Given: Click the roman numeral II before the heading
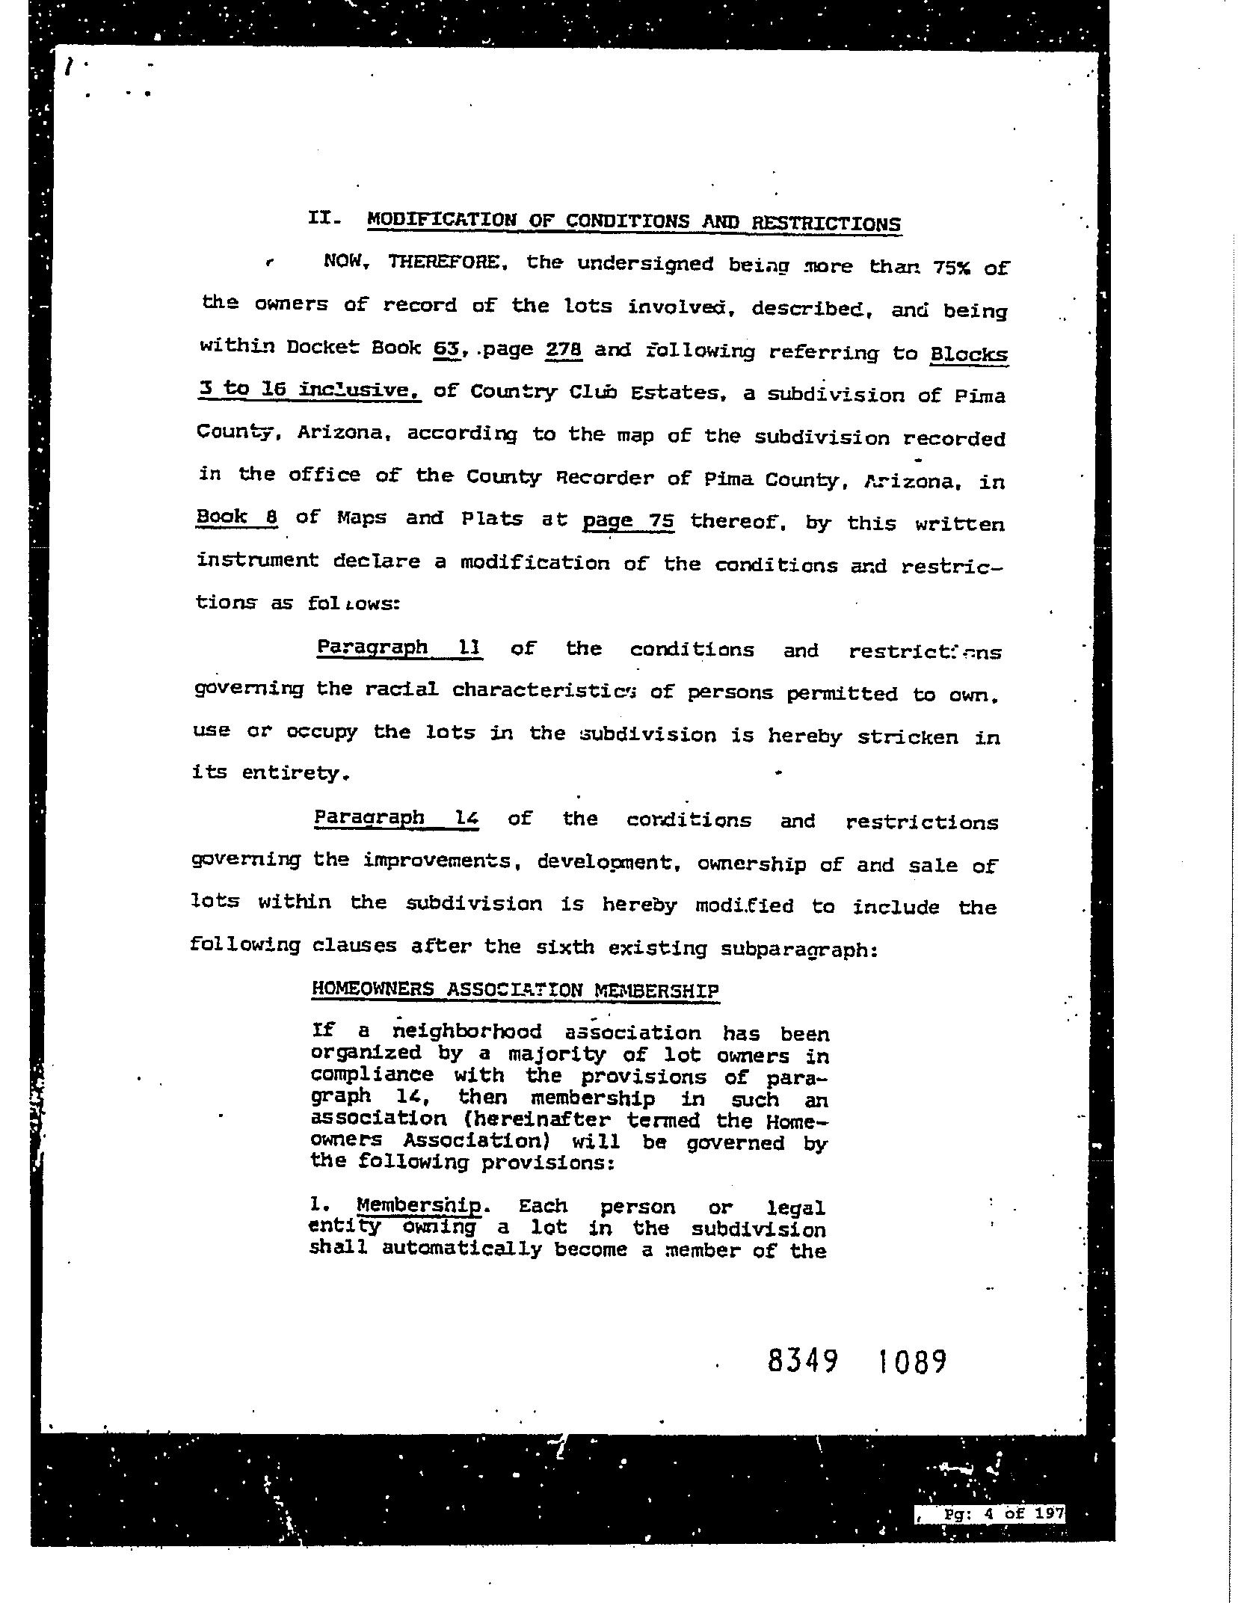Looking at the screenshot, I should (324, 218).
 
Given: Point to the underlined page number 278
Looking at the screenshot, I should (564, 350).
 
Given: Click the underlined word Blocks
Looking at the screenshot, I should (968, 354).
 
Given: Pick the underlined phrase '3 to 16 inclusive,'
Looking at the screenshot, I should (310, 390).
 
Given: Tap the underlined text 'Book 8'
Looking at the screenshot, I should (236, 517).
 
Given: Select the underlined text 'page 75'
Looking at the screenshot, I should (628, 520).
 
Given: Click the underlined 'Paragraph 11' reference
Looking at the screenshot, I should (398, 647).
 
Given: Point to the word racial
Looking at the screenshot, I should (401, 689).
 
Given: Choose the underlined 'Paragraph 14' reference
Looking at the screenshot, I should (396, 817).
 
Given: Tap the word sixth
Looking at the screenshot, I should (565, 947).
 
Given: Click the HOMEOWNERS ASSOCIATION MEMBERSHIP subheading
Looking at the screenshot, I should (515, 990).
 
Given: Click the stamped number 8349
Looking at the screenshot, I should (802, 1362).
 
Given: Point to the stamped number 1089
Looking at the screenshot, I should (910, 1362).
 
